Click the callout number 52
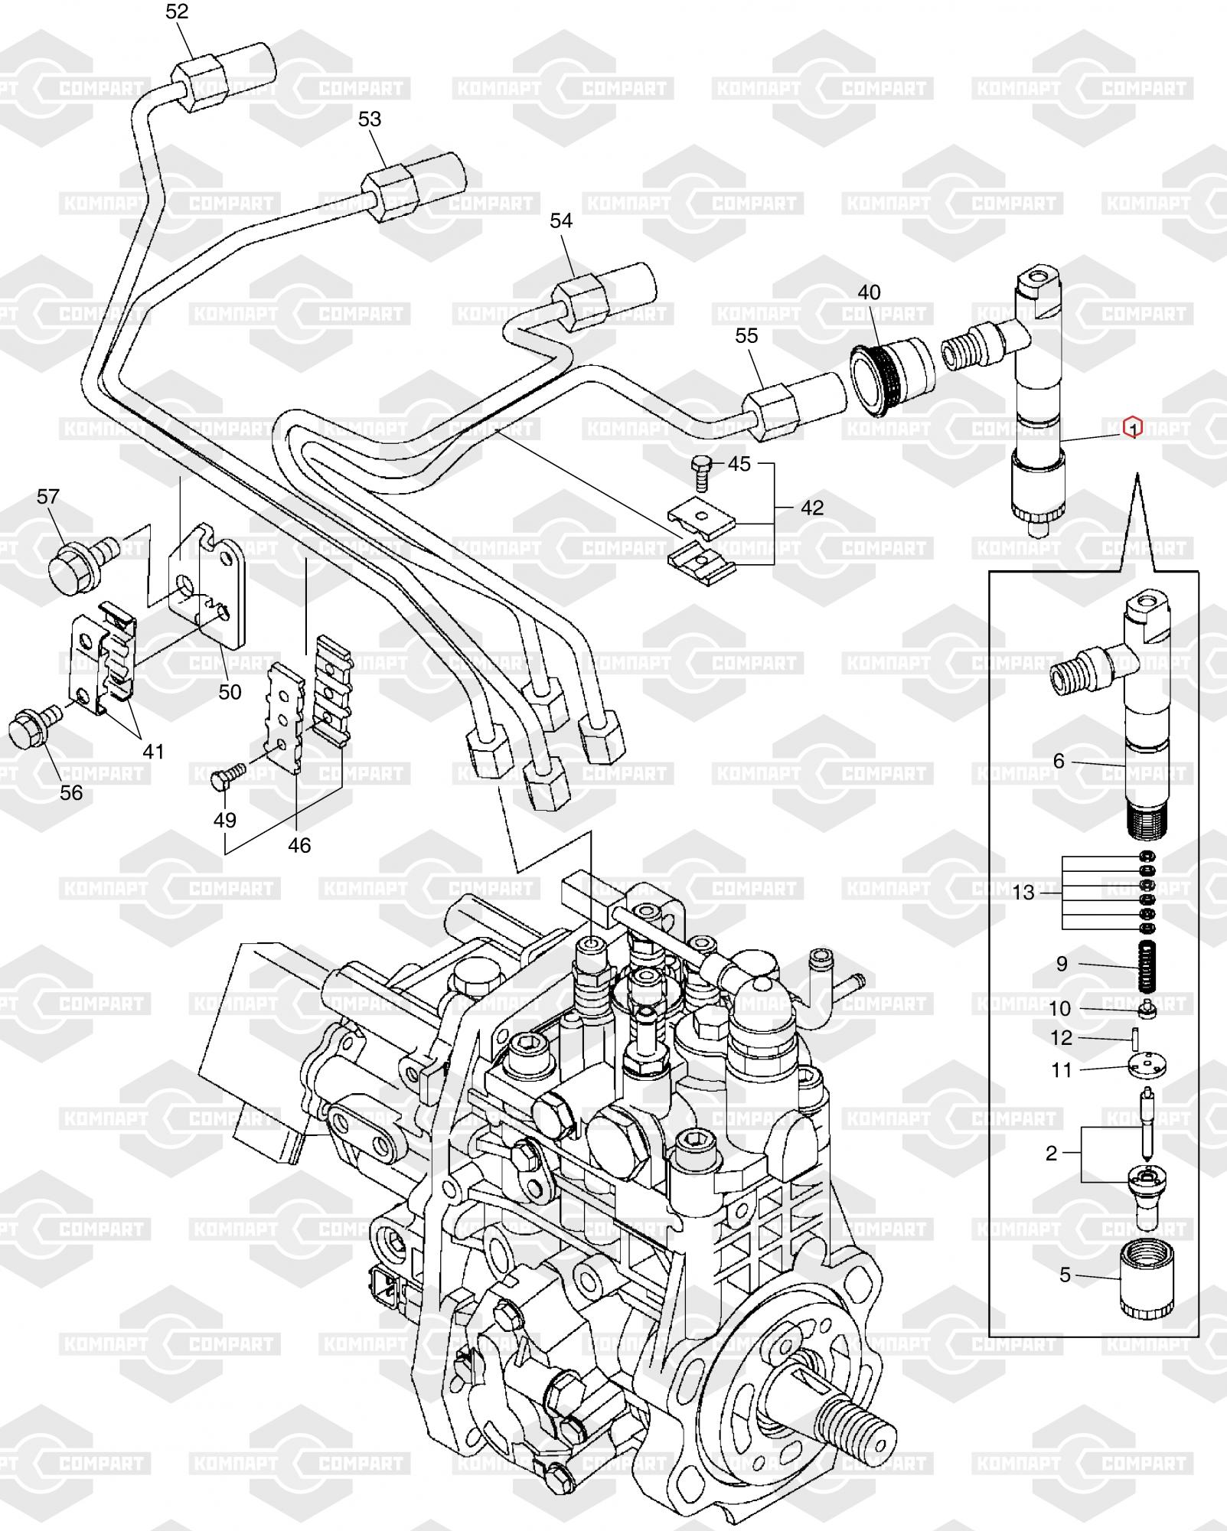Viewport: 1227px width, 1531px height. (x=177, y=11)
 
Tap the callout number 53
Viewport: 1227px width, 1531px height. (x=370, y=119)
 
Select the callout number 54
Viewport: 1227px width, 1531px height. (x=561, y=220)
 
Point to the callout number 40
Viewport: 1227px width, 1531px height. (x=869, y=292)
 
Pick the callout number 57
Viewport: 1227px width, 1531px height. (x=47, y=497)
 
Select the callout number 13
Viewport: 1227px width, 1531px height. (x=1023, y=893)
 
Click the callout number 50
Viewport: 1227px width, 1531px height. (x=230, y=692)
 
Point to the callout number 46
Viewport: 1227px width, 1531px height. (x=299, y=845)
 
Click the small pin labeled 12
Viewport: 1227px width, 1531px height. (x=1134, y=1040)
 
